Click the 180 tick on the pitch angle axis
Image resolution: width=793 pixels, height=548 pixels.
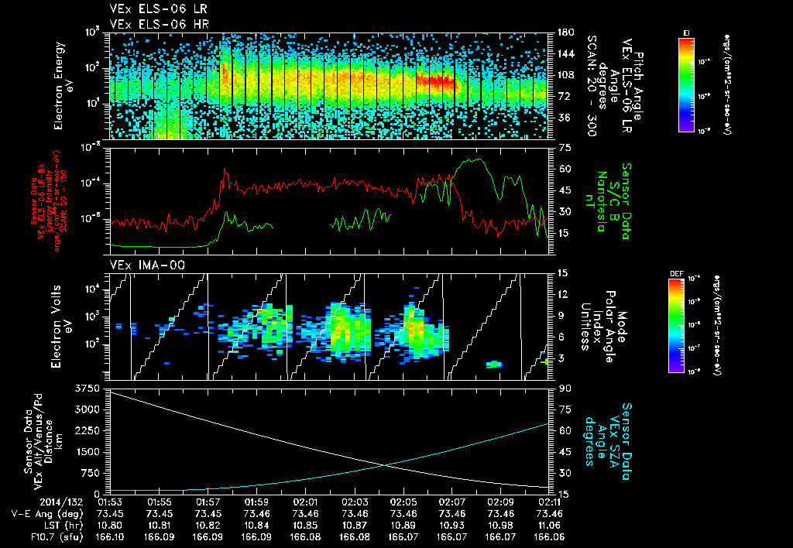[x=564, y=33]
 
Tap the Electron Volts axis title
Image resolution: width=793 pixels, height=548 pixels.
[x=63, y=326]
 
